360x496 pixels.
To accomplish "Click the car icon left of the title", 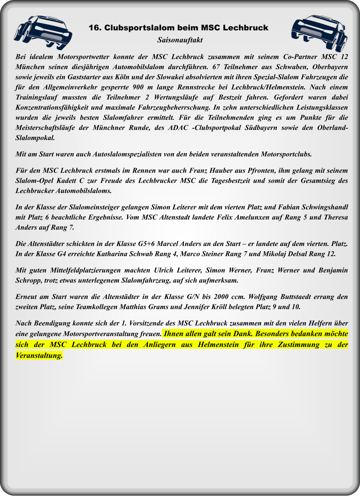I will tap(42, 32).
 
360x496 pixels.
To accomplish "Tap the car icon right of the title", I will tap(319, 32).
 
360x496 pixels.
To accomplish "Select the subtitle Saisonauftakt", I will tap(180, 40).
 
